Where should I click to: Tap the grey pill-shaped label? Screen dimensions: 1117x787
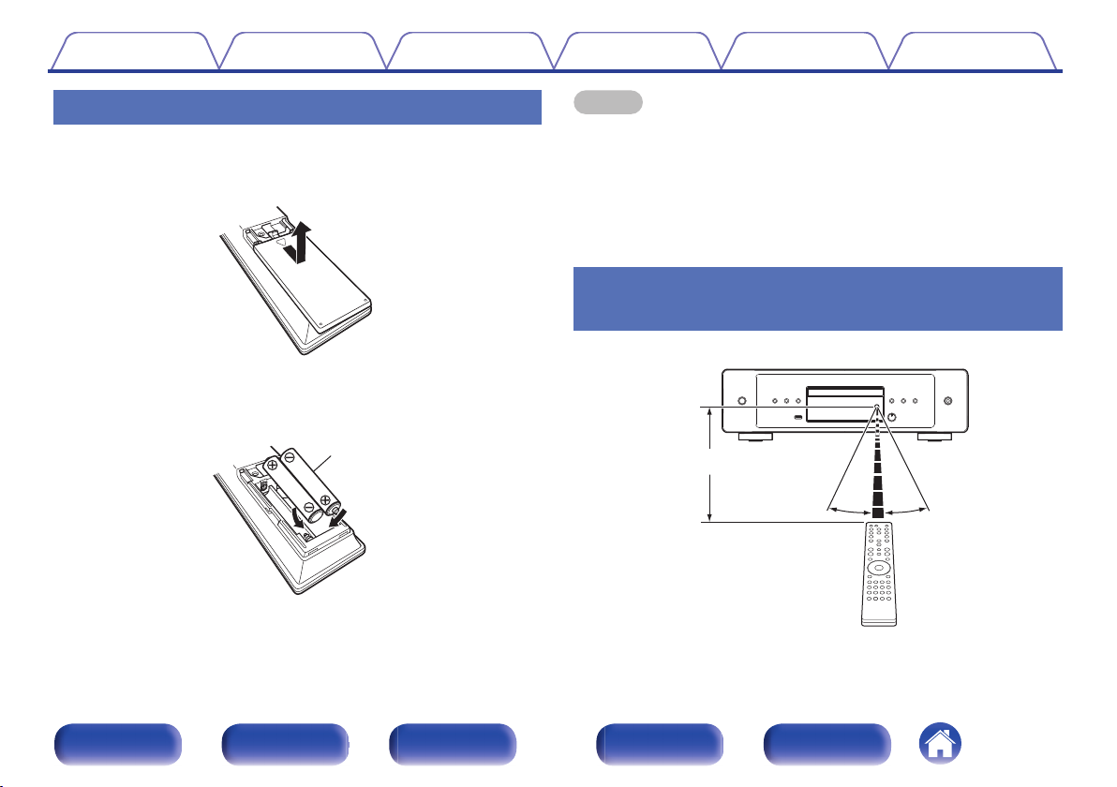[x=607, y=101]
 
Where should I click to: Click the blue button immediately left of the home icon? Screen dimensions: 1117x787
[x=827, y=745]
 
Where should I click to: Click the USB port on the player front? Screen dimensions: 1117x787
[x=797, y=417]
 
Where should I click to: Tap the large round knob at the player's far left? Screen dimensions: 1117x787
[x=741, y=402]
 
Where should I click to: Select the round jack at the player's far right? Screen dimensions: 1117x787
[x=947, y=402]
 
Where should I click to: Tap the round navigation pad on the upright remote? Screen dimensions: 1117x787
[x=877, y=568]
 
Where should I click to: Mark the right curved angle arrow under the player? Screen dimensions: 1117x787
[x=908, y=510]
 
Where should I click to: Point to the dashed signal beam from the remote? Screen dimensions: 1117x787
[x=877, y=468]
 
